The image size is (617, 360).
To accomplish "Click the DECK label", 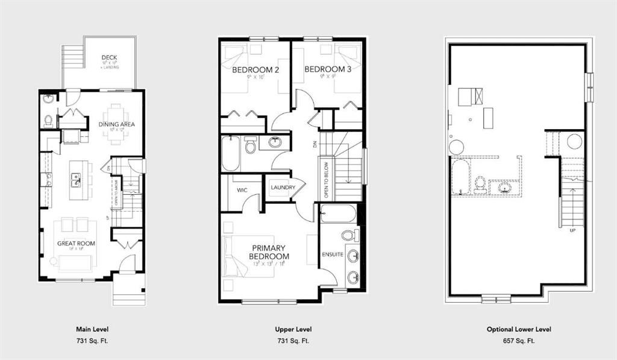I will (x=109, y=58).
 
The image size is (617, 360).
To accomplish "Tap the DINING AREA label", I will (x=117, y=124).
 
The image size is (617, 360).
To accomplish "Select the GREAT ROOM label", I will (x=74, y=243).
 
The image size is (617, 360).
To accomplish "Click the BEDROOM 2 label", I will (x=255, y=70).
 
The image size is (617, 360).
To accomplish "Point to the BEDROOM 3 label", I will (x=328, y=69).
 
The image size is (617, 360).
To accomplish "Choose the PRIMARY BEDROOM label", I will (x=269, y=252).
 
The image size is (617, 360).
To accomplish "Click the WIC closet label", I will (x=242, y=190).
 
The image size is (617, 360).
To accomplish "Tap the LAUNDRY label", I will (x=283, y=188).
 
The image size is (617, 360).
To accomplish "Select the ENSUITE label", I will (x=332, y=254).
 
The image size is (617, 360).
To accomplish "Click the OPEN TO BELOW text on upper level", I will (x=326, y=180).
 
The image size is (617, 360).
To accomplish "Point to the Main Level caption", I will (x=92, y=330).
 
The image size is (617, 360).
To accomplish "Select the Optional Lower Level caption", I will (x=519, y=330).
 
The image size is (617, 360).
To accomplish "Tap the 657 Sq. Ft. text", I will (x=519, y=341).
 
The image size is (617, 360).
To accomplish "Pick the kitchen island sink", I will (x=77, y=179).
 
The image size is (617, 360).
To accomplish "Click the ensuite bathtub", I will (x=339, y=213).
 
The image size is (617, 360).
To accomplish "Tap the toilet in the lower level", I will (x=481, y=183).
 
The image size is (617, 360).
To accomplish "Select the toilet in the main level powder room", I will (x=48, y=119).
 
